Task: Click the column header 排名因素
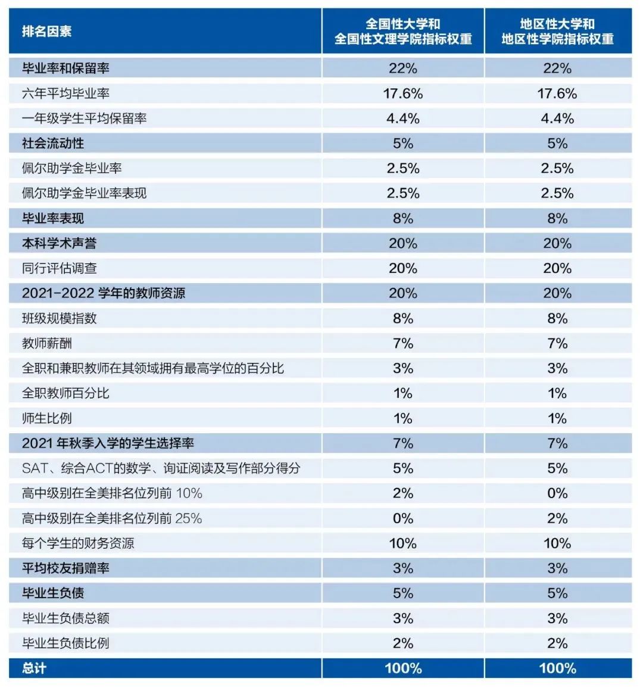tap(46, 32)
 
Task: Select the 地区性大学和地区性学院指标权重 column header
tap(557, 32)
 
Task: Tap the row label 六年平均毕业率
tap(65, 94)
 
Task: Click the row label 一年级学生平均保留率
tap(84, 119)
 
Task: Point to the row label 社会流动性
tap(53, 144)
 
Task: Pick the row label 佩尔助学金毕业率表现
tap(84, 193)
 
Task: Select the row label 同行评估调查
tap(60, 268)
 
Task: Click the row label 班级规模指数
tap(59, 318)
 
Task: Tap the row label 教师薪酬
tap(47, 343)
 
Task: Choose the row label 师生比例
tap(47, 418)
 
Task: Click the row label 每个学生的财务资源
tap(78, 543)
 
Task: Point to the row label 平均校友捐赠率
tap(65, 568)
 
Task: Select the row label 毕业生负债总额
tap(65, 618)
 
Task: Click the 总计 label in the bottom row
tap(34, 668)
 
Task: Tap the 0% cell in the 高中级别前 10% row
tap(557, 493)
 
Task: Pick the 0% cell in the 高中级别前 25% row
tap(403, 518)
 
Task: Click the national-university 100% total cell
tap(403, 668)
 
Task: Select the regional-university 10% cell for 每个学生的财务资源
tap(557, 543)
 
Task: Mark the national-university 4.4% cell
tap(403, 119)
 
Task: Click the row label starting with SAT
tap(161, 468)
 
